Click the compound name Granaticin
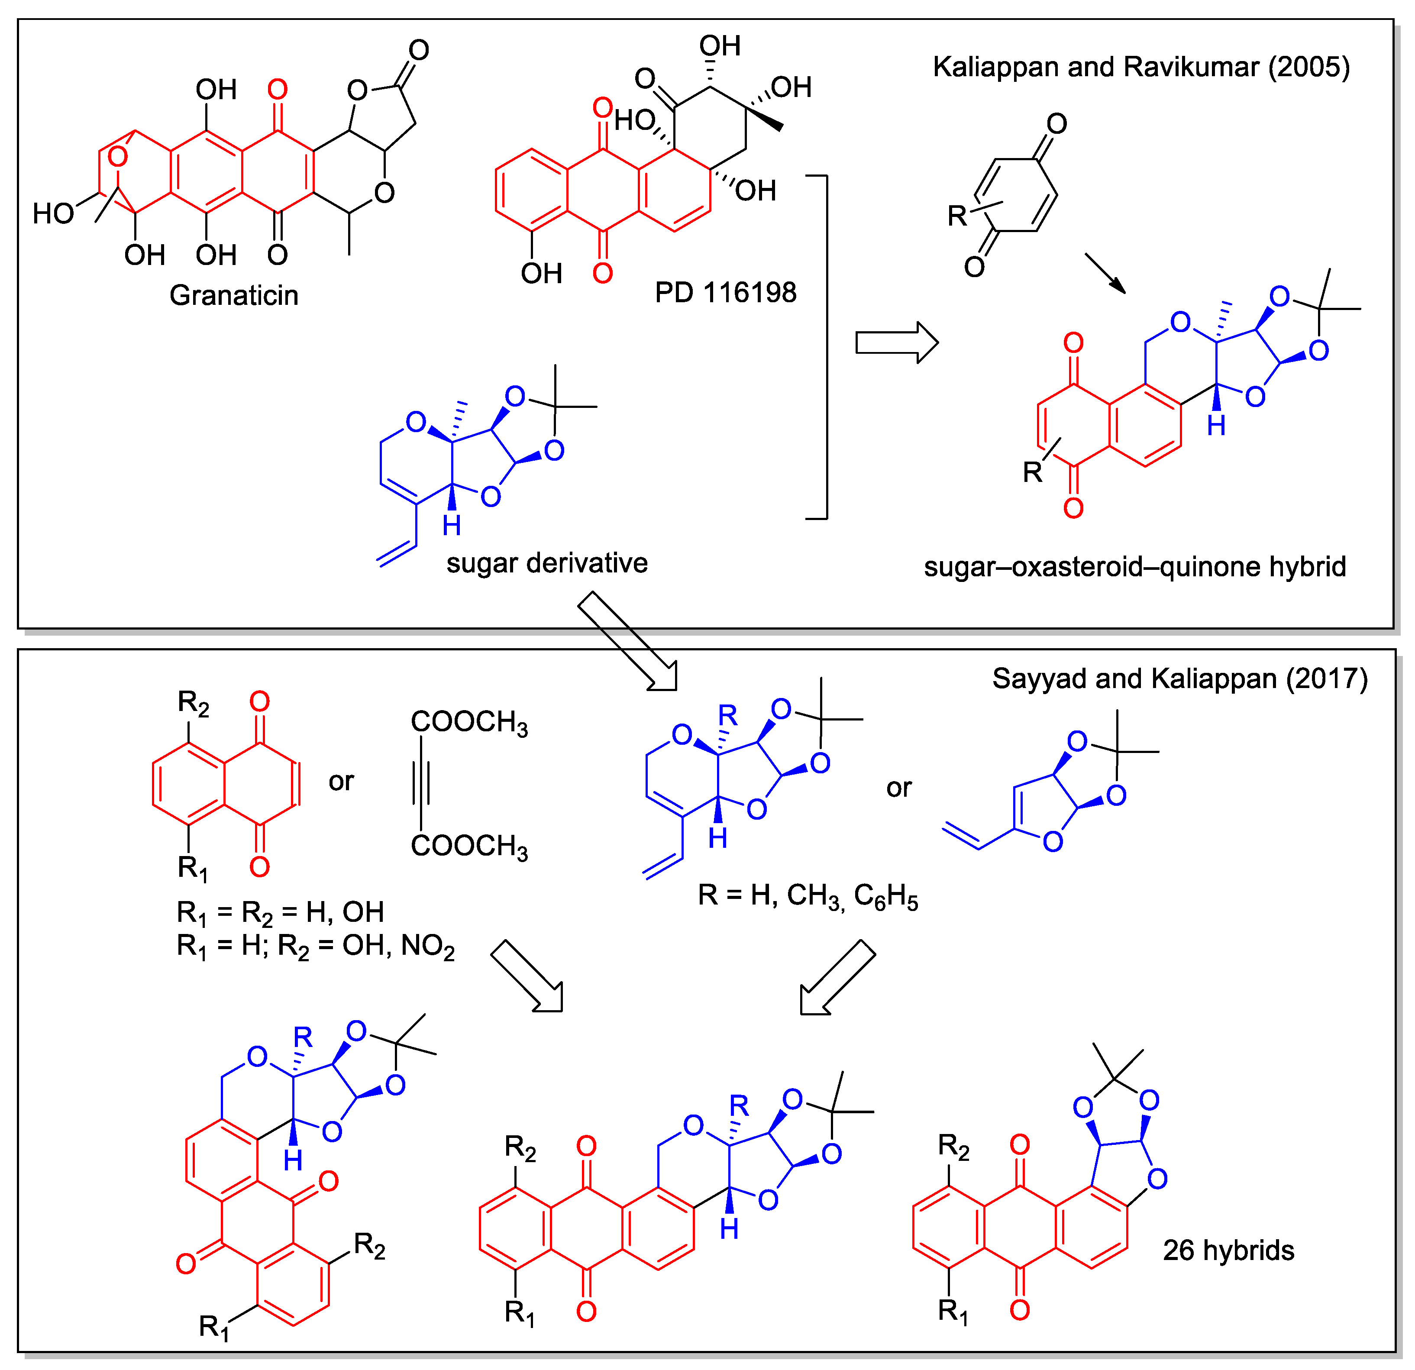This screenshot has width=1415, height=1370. click(233, 295)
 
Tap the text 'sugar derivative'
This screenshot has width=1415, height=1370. click(546, 563)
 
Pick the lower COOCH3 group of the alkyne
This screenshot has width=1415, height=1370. click(469, 846)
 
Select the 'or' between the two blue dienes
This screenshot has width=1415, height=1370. click(899, 788)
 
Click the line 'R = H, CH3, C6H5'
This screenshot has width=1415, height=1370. click(807, 896)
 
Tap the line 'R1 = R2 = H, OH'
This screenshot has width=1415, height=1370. click(280, 912)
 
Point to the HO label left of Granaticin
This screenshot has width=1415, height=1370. click(53, 213)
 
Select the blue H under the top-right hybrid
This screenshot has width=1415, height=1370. click(1216, 426)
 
